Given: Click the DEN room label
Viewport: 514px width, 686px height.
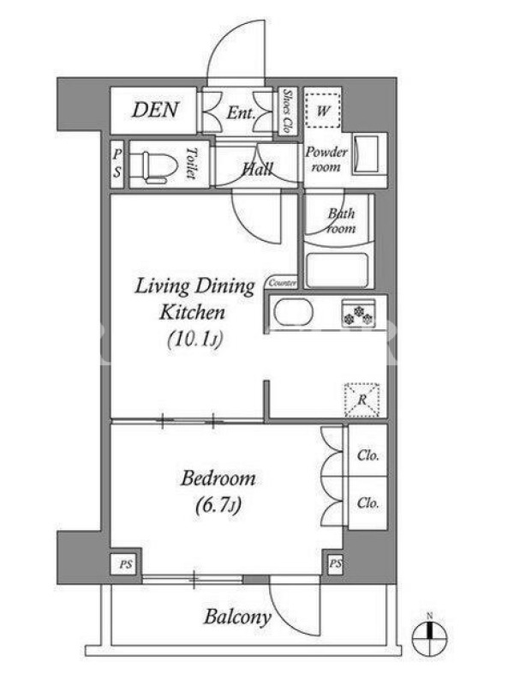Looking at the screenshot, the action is click(x=155, y=110).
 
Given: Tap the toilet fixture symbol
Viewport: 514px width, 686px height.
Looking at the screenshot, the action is click(x=159, y=167).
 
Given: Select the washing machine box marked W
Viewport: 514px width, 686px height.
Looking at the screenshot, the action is click(x=322, y=111).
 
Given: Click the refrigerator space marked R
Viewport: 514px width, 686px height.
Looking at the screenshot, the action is click(x=362, y=400).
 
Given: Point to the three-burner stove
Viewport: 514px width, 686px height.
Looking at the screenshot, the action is click(x=359, y=314).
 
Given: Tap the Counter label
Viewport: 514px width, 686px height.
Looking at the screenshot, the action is click(x=283, y=283).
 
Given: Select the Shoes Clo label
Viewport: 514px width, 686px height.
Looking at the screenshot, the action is click(x=288, y=111).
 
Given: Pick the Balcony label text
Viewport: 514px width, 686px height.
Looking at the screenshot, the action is click(x=237, y=617).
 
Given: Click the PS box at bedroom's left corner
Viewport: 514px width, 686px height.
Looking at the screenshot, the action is click(x=125, y=564).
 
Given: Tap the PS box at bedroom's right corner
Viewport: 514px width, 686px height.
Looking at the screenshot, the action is click(x=335, y=563).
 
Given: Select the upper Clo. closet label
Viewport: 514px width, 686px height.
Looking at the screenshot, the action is click(x=368, y=455).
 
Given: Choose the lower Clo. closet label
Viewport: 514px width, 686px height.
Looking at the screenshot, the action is click(x=368, y=503).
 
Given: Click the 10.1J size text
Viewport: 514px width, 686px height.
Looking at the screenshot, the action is click(x=195, y=339).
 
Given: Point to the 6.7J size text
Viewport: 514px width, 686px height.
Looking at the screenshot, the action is click(x=218, y=506).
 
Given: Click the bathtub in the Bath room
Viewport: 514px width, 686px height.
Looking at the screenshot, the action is click(x=337, y=270).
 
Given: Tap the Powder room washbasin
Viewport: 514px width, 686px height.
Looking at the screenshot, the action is click(x=366, y=155).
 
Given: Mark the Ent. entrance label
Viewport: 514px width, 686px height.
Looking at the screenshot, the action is click(x=241, y=113).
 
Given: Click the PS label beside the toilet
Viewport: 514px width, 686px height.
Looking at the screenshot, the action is click(x=117, y=163).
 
